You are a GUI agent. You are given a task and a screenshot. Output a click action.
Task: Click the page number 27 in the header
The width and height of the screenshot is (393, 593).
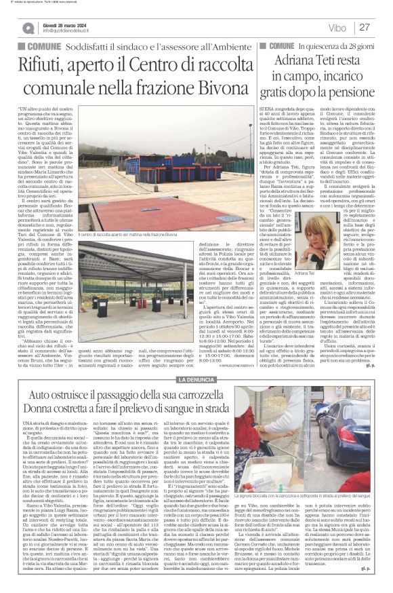coord(364,26)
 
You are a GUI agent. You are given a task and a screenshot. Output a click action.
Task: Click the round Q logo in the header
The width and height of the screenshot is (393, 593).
coord(28,27)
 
